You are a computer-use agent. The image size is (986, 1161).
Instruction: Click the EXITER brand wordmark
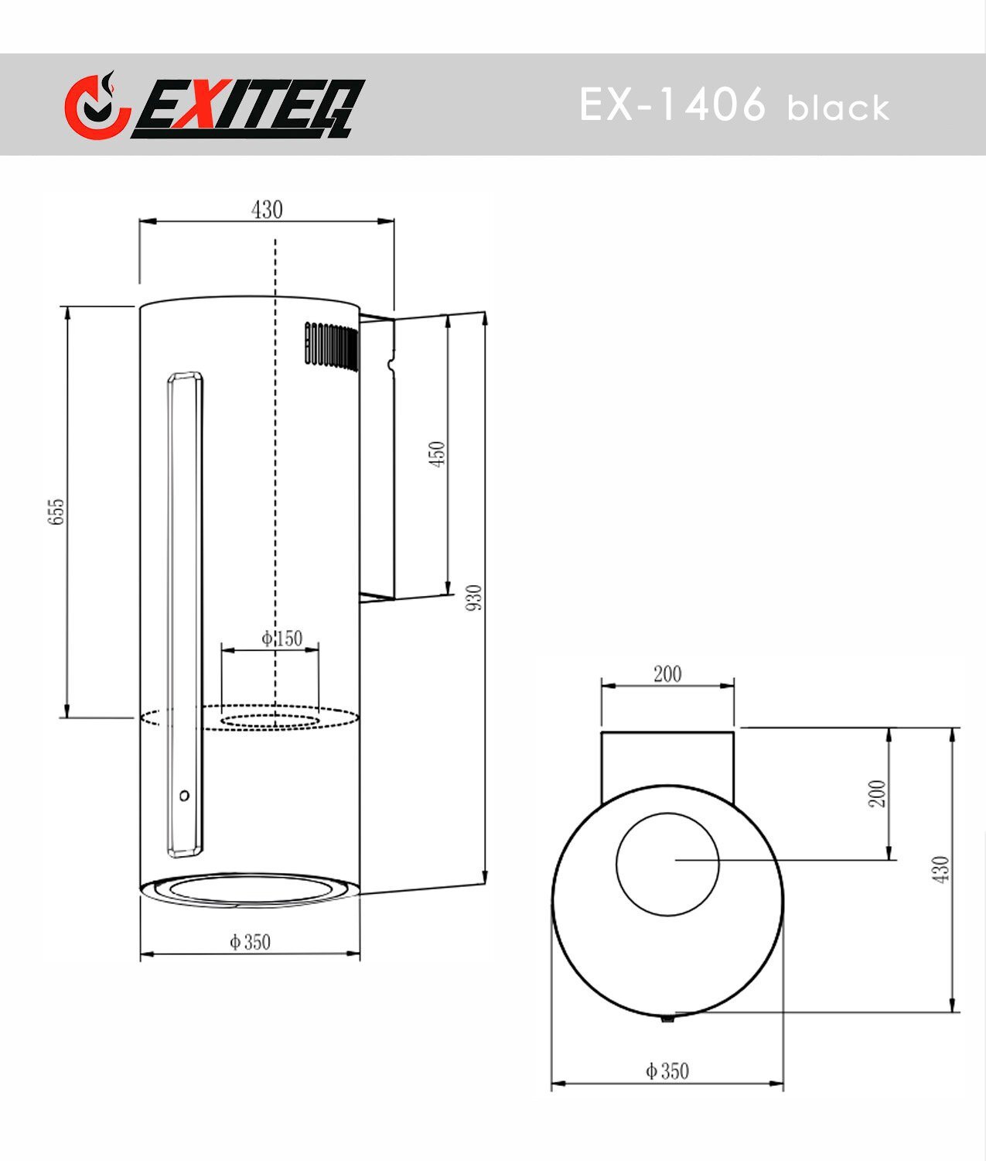tap(248, 108)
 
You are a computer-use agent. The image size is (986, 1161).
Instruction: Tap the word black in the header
tap(838, 108)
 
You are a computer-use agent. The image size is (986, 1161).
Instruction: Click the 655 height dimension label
tap(56, 512)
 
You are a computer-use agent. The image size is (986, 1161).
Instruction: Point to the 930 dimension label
tap(474, 598)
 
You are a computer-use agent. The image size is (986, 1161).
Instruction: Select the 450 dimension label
tap(437, 454)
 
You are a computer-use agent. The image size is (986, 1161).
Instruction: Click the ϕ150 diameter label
tap(281, 638)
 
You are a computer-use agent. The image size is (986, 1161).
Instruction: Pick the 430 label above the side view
tap(267, 210)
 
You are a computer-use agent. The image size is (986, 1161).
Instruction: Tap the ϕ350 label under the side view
tap(251, 941)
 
